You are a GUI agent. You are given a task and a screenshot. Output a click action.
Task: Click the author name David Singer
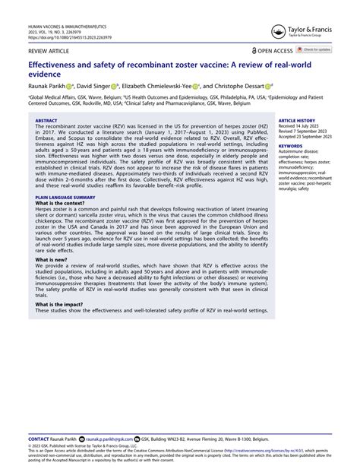pyautogui.click(x=99, y=87)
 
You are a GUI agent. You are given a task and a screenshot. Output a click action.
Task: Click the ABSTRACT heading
pyautogui.click(x=46, y=120)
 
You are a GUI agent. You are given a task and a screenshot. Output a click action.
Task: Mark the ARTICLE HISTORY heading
pyautogui.click(x=297, y=120)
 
